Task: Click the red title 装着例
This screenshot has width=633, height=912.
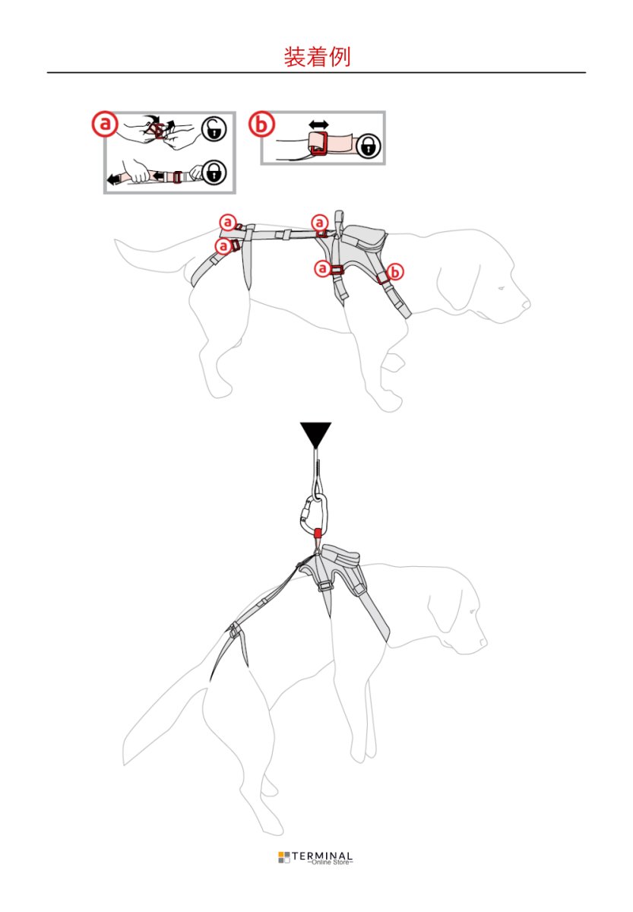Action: [316, 56]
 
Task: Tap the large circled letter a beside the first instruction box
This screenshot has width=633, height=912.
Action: [105, 124]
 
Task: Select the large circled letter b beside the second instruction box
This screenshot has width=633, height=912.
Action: [261, 124]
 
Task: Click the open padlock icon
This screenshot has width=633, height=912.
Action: [214, 129]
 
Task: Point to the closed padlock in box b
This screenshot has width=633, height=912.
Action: [369, 145]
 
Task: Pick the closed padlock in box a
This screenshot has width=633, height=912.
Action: [214, 173]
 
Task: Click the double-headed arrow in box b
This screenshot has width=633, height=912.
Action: [318, 124]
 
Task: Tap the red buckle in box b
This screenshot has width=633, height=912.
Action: [318, 144]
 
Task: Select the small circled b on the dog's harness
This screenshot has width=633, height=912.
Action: [395, 271]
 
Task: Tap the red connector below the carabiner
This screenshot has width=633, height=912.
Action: [318, 534]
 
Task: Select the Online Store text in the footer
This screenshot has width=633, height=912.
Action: [330, 862]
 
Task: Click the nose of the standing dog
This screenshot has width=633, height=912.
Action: [526, 304]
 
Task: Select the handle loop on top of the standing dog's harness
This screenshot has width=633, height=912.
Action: [339, 220]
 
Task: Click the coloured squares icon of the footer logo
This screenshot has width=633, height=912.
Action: [284, 857]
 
